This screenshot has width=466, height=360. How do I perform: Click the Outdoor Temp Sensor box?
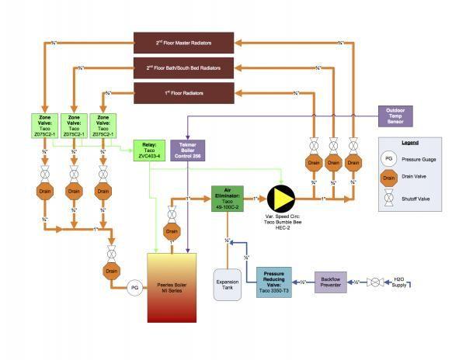tap(395, 116)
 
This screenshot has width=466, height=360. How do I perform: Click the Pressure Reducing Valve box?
tap(273, 280)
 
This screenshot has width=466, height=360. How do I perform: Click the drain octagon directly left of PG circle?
tap(112, 271)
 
